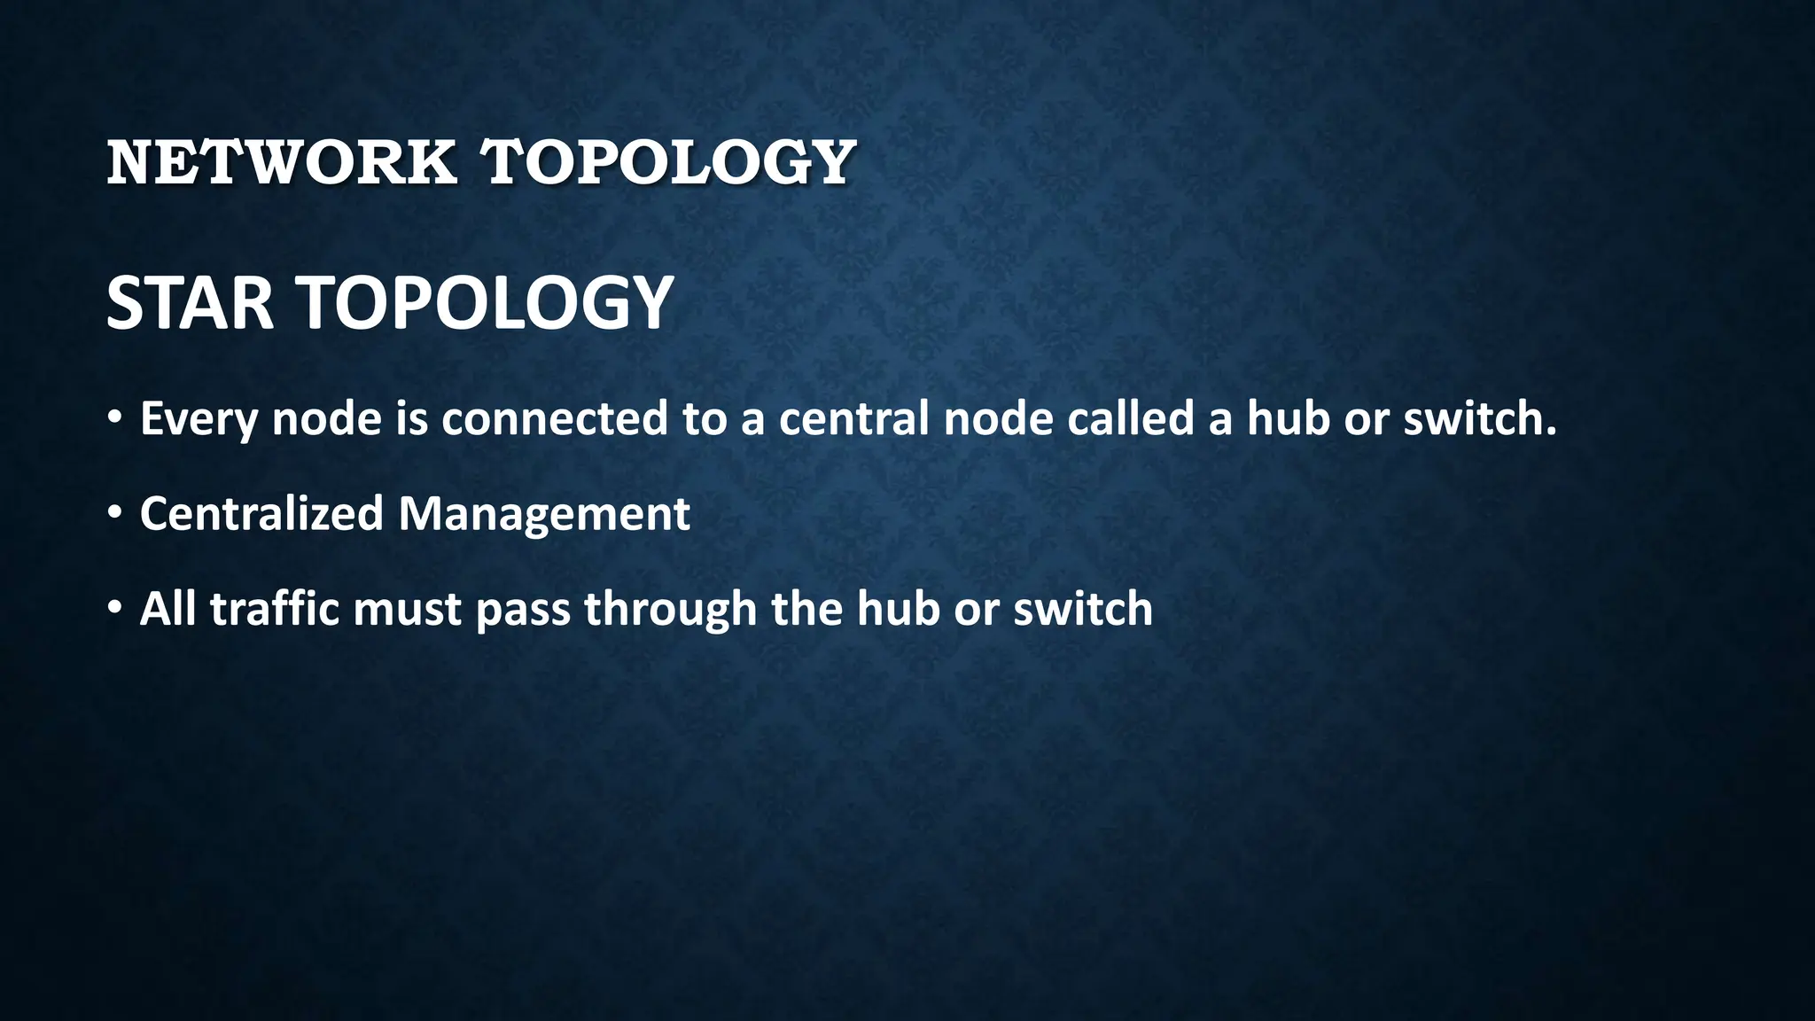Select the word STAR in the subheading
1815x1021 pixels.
(190, 303)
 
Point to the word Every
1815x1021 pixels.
(199, 419)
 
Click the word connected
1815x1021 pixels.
(554, 418)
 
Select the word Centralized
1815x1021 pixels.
(261, 514)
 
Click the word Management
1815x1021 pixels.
(543, 514)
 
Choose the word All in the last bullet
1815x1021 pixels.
(167, 610)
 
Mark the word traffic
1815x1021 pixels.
(275, 610)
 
